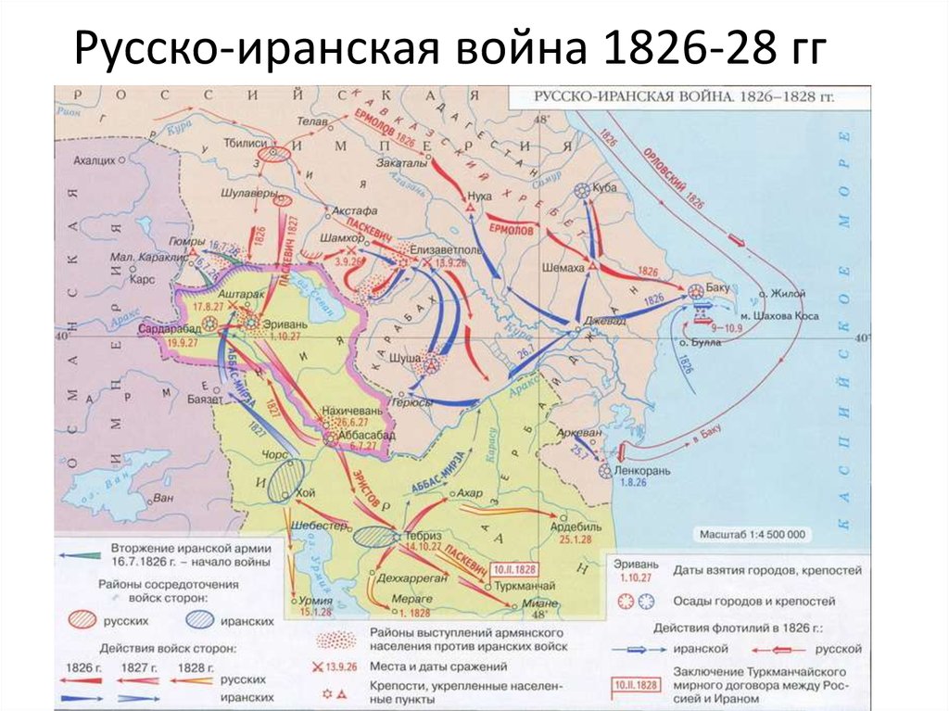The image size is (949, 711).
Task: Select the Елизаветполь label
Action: (x=440, y=248)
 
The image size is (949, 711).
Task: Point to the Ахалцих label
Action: (x=95, y=160)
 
